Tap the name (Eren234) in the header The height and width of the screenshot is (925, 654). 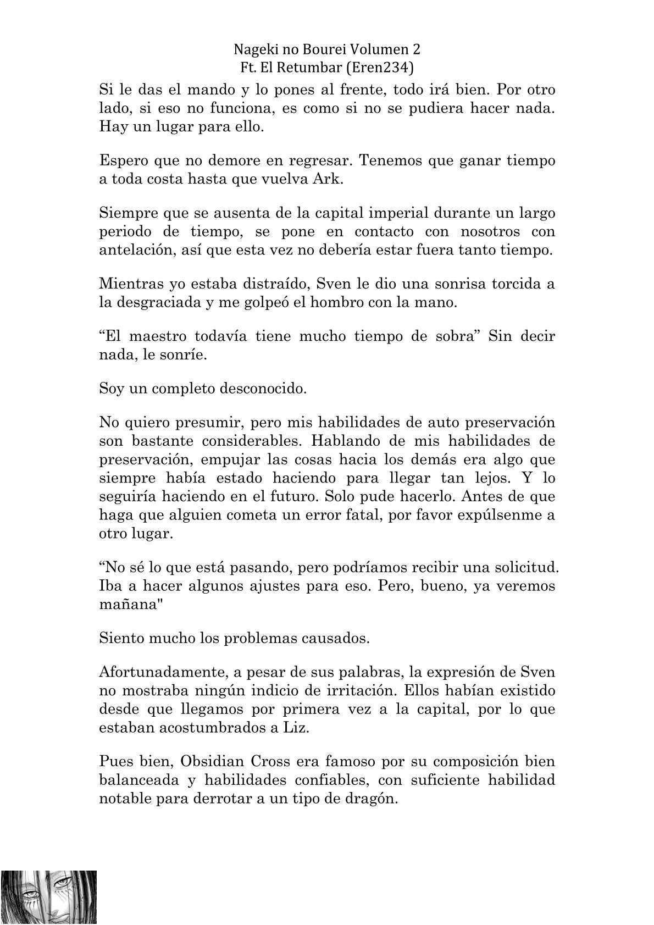pyautogui.click(x=382, y=68)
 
